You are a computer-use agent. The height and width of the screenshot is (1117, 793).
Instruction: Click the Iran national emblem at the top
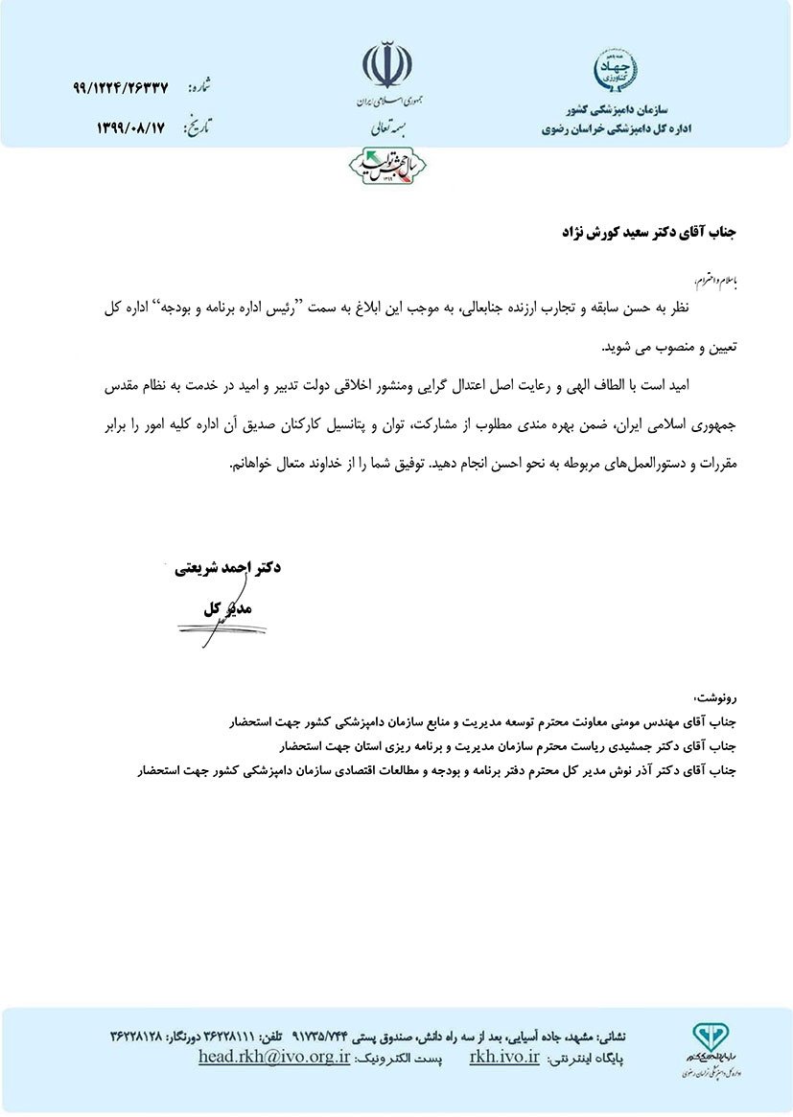(x=388, y=65)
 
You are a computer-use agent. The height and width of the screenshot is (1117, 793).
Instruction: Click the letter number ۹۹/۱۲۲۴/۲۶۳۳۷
(x=120, y=87)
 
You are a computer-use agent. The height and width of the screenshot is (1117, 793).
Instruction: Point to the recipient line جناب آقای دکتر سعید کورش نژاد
(x=653, y=233)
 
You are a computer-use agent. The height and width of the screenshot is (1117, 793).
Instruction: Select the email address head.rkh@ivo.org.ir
(x=274, y=1057)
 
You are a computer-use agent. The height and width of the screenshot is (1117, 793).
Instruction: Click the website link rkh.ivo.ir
(x=505, y=1057)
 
